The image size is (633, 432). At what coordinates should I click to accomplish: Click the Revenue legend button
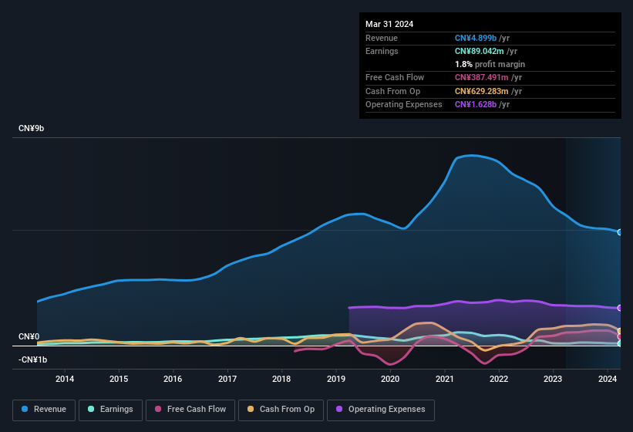pos(44,410)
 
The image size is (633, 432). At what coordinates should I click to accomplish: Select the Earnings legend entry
pos(109,410)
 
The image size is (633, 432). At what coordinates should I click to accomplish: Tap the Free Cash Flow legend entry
pos(190,410)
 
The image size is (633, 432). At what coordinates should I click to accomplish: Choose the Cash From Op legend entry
pos(281,410)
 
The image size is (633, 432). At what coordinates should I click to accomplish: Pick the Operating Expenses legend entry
pos(380,410)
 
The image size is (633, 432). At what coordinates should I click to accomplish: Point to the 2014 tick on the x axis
pos(65,379)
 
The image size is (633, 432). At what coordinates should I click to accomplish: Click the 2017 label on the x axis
pos(227,379)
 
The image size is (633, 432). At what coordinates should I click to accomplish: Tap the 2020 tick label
pos(390,379)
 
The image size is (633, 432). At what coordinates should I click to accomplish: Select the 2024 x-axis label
pos(608,379)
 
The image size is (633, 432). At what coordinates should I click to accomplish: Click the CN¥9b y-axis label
pos(32,128)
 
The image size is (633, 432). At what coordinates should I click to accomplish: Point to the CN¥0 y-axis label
pos(29,337)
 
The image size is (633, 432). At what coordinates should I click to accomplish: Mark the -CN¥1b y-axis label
pos(33,359)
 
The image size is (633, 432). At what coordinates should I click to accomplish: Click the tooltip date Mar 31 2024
pos(389,24)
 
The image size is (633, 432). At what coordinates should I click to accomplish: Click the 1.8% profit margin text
pos(490,64)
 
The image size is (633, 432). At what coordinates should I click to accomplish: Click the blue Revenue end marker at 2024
pos(620,232)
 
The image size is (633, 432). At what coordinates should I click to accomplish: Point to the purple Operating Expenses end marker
pos(620,308)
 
